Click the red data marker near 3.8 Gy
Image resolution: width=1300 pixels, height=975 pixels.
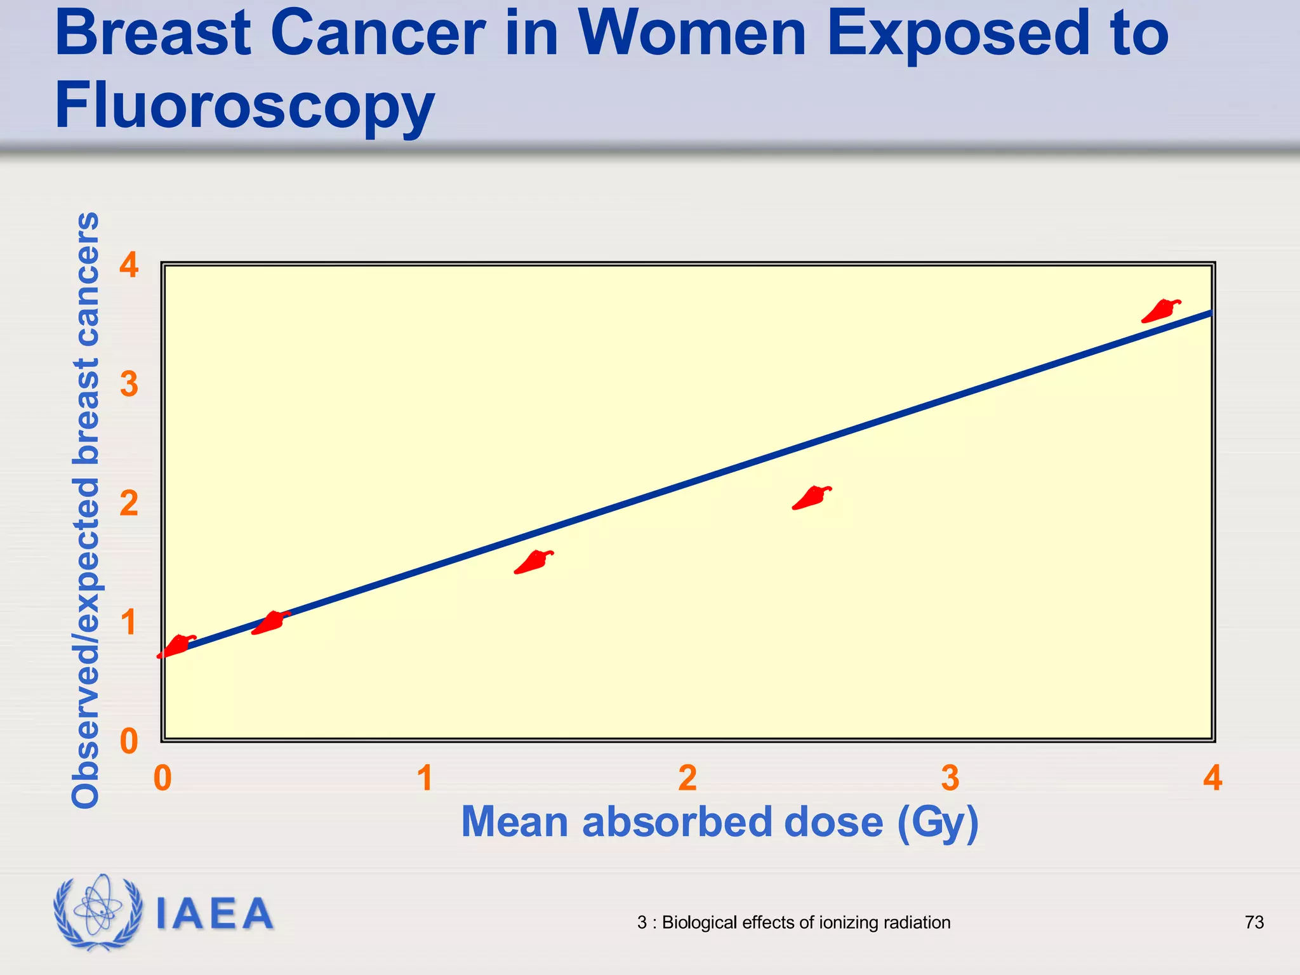[x=1160, y=311]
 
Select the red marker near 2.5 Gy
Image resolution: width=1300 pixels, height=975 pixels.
[x=811, y=498]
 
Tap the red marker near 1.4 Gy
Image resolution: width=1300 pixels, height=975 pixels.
[x=533, y=562]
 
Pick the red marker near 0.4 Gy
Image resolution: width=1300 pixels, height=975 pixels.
[x=271, y=623]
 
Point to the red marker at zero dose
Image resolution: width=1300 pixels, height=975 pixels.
[x=176, y=646]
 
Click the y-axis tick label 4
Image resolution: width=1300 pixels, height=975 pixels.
[x=129, y=265]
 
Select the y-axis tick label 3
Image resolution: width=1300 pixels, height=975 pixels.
[x=129, y=385]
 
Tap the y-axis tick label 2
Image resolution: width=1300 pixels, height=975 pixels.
[x=129, y=504]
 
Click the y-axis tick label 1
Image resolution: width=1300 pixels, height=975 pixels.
[x=129, y=623]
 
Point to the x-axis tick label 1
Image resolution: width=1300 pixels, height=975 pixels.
[x=425, y=778]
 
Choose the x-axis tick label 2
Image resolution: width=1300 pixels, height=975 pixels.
[x=687, y=778]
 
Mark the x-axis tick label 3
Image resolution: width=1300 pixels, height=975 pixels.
[x=950, y=778]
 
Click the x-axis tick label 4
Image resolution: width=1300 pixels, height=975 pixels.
[x=1212, y=778]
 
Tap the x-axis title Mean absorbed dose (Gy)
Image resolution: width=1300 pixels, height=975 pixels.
[x=719, y=823]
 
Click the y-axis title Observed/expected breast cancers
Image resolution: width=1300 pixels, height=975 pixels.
[x=86, y=510]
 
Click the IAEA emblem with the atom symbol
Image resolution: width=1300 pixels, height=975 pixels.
[x=97, y=912]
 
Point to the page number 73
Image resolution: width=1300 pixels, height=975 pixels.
[x=1254, y=922]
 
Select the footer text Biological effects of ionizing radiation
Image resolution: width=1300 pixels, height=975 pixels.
[x=806, y=922]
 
